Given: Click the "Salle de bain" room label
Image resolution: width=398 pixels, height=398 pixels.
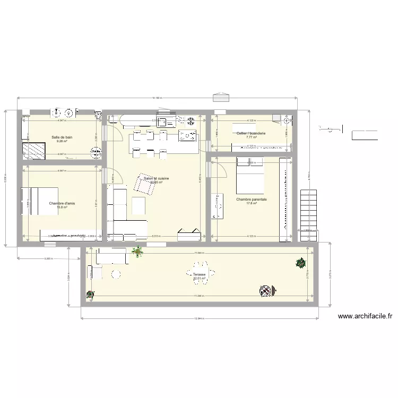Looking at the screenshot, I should pos(62,137).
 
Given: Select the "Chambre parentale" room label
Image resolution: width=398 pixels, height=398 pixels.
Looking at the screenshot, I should pos(252,200).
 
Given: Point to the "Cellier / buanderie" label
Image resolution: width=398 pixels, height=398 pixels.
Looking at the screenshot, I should pos(251,133).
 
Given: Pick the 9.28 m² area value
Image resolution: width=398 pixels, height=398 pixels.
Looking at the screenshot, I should pos(62,141).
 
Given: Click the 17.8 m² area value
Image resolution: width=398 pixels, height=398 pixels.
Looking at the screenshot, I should pos(252,203).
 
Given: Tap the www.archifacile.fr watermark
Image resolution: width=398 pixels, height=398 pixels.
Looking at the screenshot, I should pos(365,317).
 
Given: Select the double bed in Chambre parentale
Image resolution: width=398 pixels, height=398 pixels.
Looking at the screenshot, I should pos(249,175).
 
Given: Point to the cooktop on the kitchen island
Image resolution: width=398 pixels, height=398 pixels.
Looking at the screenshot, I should pos(189,137).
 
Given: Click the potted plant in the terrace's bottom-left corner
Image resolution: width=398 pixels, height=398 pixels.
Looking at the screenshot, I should pos(90,293).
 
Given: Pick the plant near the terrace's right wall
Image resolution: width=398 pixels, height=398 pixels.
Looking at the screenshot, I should pos(301,262).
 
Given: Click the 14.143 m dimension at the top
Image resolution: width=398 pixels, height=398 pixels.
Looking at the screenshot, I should pos(157,98).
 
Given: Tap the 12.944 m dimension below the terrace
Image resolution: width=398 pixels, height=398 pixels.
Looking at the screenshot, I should pos(199,319).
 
